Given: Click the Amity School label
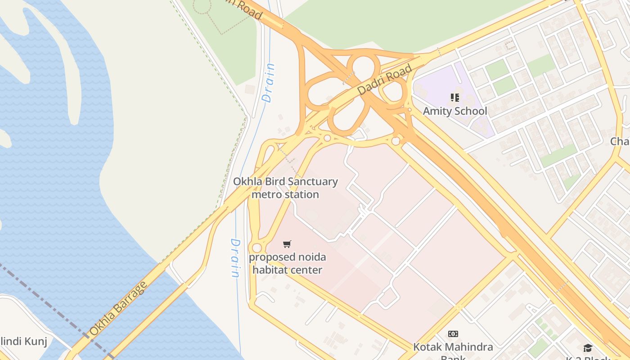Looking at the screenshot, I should pos(455,111).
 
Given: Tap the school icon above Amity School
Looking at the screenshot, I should pos(454,98).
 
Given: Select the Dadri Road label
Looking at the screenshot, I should pos(384,80).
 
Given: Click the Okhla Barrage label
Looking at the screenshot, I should pos(118,309).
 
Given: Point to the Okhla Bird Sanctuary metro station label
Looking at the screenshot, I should pos(285,188).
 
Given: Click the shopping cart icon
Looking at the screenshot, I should pos(287,244).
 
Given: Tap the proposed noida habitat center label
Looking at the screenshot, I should pos(287,264).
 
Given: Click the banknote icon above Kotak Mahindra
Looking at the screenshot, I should pos(453,334).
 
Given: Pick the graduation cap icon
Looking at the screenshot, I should pos(588,348).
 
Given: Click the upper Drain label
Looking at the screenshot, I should pos(269,83).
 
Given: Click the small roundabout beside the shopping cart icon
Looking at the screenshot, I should pos(257,248).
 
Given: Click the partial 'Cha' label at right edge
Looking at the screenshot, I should pos(620,141).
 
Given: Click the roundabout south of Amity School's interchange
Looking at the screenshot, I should pos(396,141).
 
